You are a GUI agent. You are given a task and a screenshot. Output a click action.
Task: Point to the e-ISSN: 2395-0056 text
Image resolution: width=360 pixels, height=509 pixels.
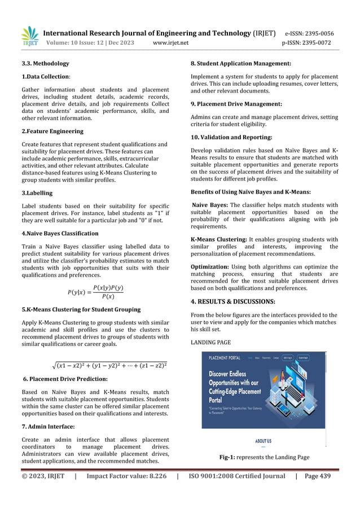click(x=309, y=33)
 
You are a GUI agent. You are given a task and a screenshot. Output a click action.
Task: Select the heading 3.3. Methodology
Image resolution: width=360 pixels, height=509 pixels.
click(x=45, y=63)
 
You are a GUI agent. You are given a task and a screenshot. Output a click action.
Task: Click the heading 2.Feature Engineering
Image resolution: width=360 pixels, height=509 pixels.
click(x=52, y=131)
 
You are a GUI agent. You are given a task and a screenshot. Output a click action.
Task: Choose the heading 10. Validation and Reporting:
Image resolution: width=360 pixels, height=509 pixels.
click(x=231, y=137)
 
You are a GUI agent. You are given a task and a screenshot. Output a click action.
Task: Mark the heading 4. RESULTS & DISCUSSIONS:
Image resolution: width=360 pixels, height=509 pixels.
click(x=240, y=301)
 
